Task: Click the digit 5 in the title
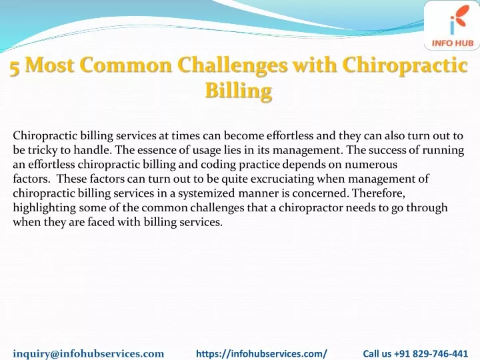click(x=15, y=67)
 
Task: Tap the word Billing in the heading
click(x=239, y=91)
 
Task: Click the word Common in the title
click(x=125, y=65)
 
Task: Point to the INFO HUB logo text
click(x=453, y=43)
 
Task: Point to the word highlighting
click(x=45, y=208)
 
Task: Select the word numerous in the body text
click(x=371, y=165)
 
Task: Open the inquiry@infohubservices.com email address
click(x=89, y=353)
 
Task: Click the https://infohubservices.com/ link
click(x=261, y=353)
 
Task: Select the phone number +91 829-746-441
click(x=431, y=353)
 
